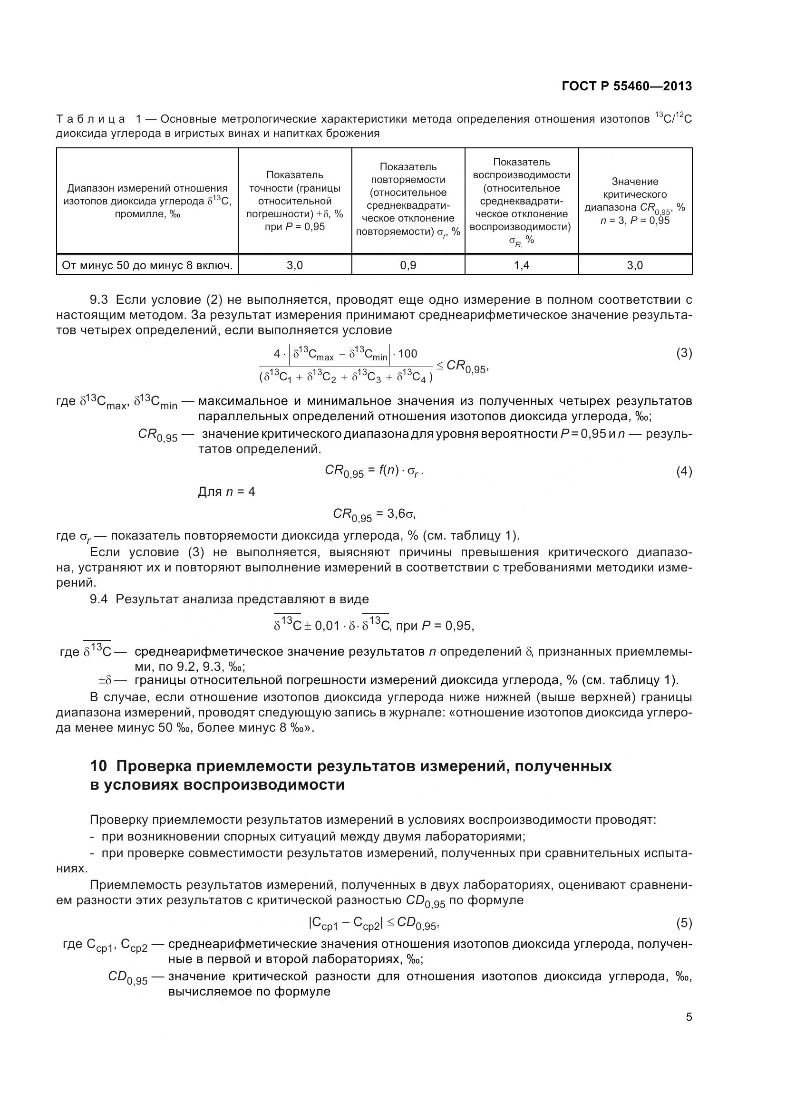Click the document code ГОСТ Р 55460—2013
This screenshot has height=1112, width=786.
click(x=627, y=86)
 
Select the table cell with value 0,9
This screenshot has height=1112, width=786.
click(x=408, y=265)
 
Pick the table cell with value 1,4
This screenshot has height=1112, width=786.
click(x=521, y=265)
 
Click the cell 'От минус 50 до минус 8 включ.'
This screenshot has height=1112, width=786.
click(x=147, y=265)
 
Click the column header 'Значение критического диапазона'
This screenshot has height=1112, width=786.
click(x=634, y=201)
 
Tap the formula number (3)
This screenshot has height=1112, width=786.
click(x=684, y=353)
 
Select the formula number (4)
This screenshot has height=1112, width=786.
click(x=684, y=471)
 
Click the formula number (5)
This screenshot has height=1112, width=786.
click(x=684, y=923)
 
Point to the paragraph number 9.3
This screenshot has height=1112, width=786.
click(x=100, y=300)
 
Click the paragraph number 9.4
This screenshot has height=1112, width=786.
click(x=100, y=599)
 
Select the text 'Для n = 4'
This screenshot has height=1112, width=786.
click(x=226, y=492)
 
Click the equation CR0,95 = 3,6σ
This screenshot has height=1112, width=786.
click(x=374, y=514)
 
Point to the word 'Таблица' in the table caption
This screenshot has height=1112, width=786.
click(x=90, y=119)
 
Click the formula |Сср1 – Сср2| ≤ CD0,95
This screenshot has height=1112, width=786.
click(x=373, y=923)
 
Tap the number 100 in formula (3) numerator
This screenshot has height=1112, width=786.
click(x=408, y=354)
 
